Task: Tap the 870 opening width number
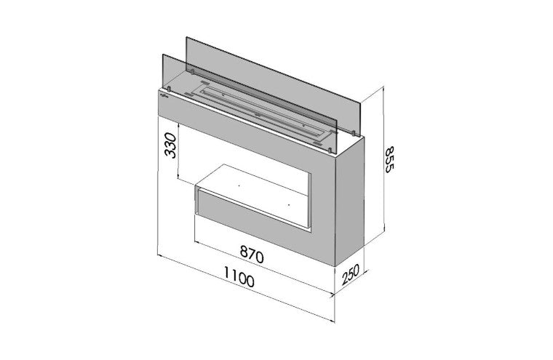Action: click(252, 255)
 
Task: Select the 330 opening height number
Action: click(171, 145)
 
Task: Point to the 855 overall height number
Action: click(389, 159)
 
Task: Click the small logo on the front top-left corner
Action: click(164, 95)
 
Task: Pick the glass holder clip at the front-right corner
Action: click(330, 151)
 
